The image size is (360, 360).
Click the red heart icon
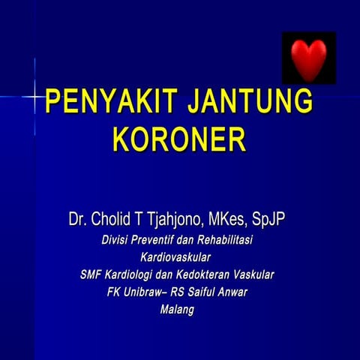coord(308,58)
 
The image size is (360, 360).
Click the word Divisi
coord(118,241)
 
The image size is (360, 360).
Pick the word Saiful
coord(208,292)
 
